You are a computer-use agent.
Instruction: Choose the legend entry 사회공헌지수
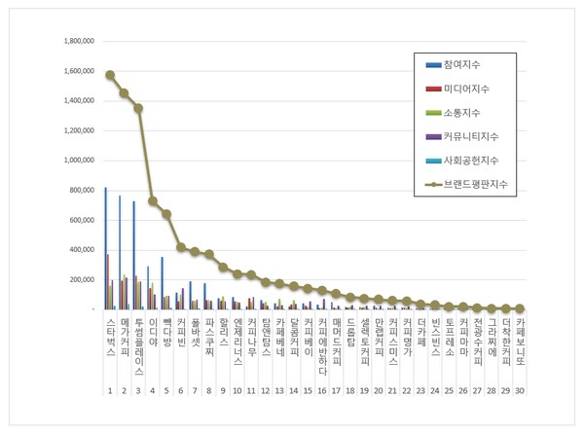point(470,160)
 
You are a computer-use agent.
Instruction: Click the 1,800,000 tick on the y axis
point(77,42)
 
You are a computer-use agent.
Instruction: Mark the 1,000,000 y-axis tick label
point(77,161)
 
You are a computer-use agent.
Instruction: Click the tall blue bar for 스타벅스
point(105,248)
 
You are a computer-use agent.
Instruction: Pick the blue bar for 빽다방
point(162,283)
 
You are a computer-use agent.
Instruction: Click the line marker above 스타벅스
point(110,75)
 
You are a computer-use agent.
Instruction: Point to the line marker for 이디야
point(152,200)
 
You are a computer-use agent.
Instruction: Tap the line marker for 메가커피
point(124,93)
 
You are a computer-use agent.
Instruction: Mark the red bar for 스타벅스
point(108,281)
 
